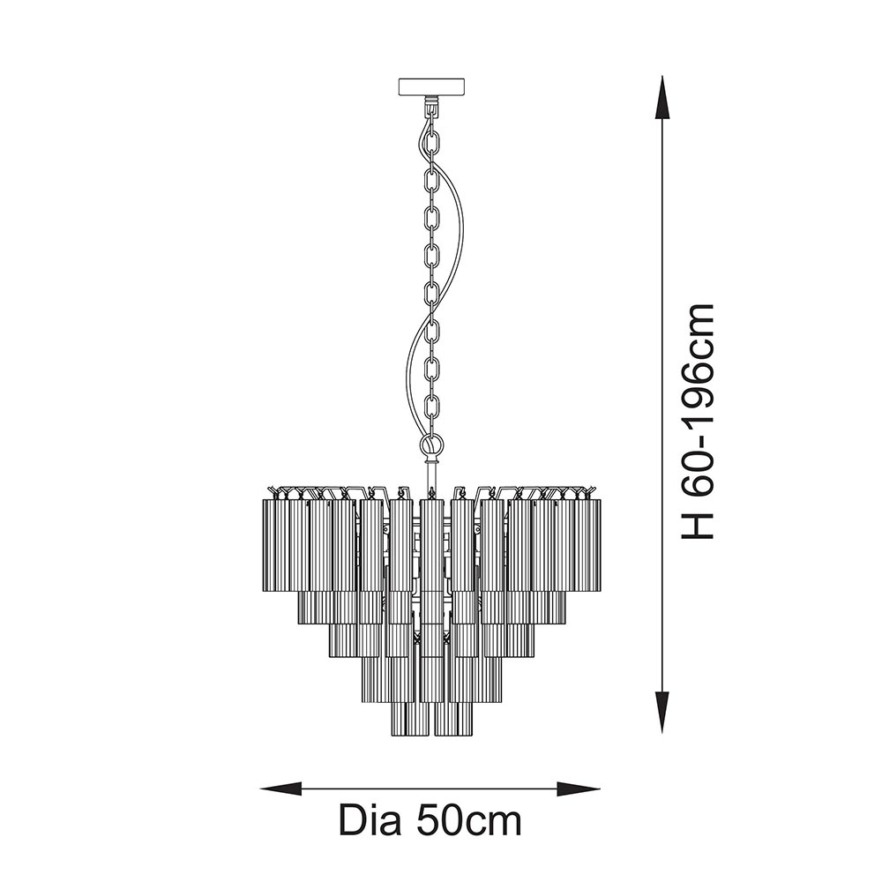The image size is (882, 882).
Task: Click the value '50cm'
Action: click(x=468, y=821)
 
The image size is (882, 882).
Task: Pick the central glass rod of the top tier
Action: click(x=431, y=544)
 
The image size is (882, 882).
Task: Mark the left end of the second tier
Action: click(x=305, y=607)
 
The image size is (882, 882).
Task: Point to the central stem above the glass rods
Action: click(x=430, y=476)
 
